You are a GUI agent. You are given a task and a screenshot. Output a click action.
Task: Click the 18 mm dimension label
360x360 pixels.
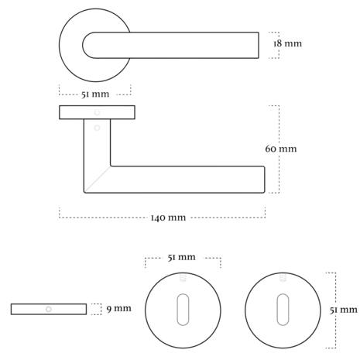287,43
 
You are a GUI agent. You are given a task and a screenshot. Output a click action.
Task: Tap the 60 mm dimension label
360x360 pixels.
281,149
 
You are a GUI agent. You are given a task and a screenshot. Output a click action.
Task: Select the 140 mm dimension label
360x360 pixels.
168,218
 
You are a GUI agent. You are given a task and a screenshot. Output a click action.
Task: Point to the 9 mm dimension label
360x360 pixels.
119,308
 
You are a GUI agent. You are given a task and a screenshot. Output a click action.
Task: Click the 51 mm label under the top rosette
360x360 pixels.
95,94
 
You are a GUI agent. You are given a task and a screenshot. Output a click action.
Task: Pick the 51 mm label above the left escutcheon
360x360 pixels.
181,257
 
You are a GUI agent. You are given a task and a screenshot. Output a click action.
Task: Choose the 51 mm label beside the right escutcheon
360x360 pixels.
344,310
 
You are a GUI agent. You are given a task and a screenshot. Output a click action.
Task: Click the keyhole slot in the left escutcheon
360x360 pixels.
183,310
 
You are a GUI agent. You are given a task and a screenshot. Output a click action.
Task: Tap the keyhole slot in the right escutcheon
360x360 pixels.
283,310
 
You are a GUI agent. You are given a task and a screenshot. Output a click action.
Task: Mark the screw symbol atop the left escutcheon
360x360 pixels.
183,278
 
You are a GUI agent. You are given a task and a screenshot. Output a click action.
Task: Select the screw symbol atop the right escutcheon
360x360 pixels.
283,278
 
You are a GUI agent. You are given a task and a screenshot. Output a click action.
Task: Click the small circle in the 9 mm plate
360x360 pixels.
49,309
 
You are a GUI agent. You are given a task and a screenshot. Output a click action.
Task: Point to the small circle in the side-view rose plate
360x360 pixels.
97,112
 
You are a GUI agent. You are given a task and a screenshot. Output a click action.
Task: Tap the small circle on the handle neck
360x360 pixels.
97,128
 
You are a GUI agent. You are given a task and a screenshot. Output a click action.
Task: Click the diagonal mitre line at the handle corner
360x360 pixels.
98,179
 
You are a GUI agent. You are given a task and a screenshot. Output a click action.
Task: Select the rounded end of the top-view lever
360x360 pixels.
83,45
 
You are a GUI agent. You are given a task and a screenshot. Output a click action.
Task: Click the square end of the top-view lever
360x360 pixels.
259,45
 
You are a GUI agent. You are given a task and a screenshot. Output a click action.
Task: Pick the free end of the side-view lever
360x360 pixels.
264,180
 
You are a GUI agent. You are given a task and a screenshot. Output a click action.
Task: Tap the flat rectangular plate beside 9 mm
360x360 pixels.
49,309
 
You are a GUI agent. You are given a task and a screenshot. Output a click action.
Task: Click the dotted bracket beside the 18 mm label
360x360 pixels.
279,45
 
